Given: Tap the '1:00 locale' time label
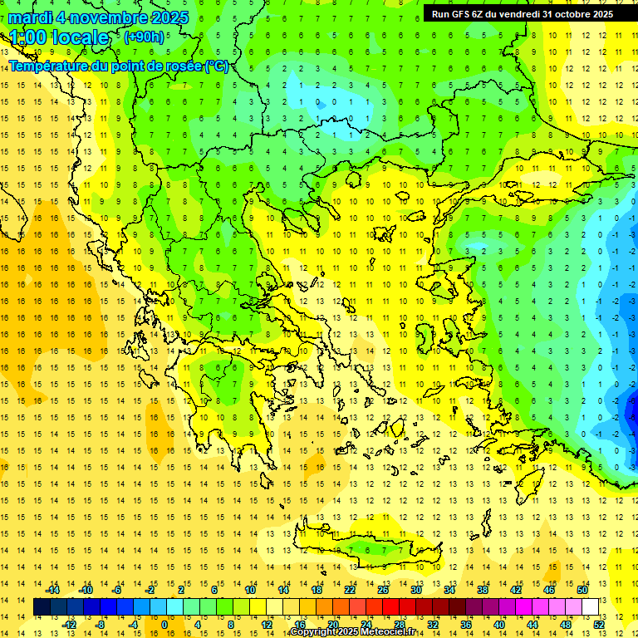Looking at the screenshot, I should coord(60,37).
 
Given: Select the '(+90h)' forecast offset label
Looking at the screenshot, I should coord(144,37).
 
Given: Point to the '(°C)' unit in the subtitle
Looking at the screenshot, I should coord(216,66).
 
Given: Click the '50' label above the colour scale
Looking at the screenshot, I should coord(582,590).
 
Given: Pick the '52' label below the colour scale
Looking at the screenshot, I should coord(599,624).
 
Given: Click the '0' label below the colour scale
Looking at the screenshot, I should coord(164,624).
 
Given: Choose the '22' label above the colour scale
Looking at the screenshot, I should coord(350,590).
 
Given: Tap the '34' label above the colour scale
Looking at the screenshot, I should coord(449,590).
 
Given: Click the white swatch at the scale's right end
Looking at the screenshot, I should coord(590,606).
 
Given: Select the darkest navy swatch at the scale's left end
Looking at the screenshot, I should coord(42,606).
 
